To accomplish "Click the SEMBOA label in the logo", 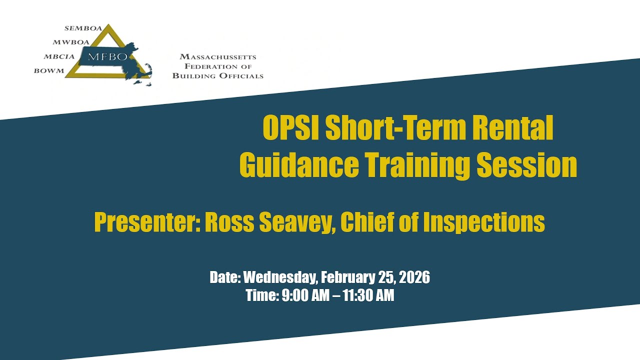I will coord(83,28).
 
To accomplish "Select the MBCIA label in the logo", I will coord(59,56).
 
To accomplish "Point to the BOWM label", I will coord(49,70).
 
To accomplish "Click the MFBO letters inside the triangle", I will coord(107,56).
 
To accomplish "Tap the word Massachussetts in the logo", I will coord(217,57).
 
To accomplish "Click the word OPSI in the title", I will coord(291,129).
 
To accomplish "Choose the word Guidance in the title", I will coord(298,165).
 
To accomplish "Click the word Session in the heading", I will coord(526,165).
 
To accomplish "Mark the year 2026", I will coord(414,277).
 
